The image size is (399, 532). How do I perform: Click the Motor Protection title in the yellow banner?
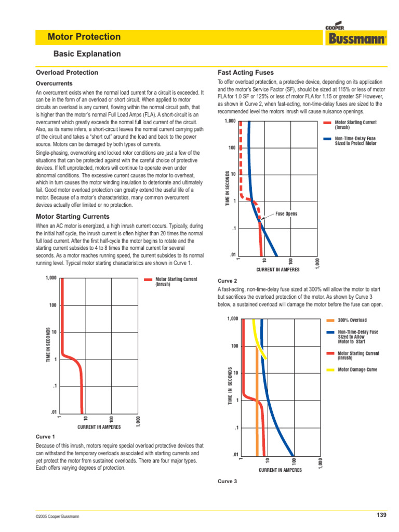84,37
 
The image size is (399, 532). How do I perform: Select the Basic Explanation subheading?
87,54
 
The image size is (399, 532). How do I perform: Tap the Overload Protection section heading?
66,73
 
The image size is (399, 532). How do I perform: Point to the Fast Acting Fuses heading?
246,73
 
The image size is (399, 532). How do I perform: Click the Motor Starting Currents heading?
72,216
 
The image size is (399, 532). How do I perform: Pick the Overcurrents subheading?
54,83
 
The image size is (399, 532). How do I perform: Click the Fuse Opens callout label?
286,214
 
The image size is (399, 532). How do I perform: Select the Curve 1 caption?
45,437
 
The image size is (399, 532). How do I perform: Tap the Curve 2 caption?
228,281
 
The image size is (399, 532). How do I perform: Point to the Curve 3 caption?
228,482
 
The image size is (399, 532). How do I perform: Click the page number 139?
382,515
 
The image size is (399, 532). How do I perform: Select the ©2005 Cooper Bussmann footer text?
58,516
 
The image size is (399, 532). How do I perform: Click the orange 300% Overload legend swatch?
331,320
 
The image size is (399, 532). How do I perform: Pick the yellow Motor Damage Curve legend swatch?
331,370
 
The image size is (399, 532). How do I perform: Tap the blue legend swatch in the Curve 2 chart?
327,139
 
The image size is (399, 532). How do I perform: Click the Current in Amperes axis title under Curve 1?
99,427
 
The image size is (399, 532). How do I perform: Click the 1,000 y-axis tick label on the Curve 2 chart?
230,122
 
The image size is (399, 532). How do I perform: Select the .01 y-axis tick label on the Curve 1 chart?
52,413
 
